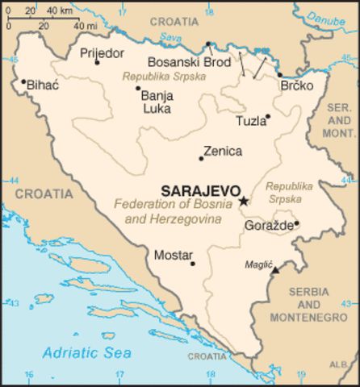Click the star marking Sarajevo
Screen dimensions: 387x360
coord(244,200)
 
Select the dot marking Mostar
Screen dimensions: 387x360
coord(192,263)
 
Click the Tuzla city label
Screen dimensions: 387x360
coord(249,122)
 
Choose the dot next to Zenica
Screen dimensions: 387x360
coord(201,158)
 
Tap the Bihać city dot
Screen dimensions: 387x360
coord(23,81)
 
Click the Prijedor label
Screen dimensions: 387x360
coord(102,53)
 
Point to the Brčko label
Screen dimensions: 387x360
coord(295,86)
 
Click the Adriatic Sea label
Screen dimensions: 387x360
coord(87,352)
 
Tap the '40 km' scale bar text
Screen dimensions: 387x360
coord(57,11)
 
